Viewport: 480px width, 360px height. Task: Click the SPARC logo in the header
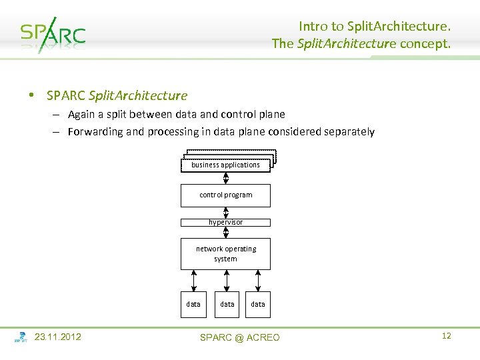click(53, 34)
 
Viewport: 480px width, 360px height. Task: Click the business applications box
click(226, 165)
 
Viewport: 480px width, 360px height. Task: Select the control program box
click(226, 195)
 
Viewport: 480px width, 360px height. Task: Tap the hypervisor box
click(226, 222)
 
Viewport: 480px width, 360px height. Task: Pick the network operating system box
click(226, 253)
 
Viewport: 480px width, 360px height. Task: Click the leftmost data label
click(193, 304)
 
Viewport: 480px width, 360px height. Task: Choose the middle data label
click(227, 304)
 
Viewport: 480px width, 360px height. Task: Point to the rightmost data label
click(258, 304)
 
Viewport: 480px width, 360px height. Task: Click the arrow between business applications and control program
click(226, 178)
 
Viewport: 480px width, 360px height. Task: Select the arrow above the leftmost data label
click(193, 281)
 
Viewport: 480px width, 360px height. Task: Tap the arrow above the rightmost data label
click(258, 281)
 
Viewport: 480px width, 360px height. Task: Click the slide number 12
click(447, 336)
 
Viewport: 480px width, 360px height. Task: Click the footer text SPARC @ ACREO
click(240, 337)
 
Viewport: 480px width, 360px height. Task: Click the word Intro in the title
click(313, 27)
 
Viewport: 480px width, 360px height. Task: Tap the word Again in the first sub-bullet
click(81, 115)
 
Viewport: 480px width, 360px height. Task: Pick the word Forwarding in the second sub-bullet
click(95, 132)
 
